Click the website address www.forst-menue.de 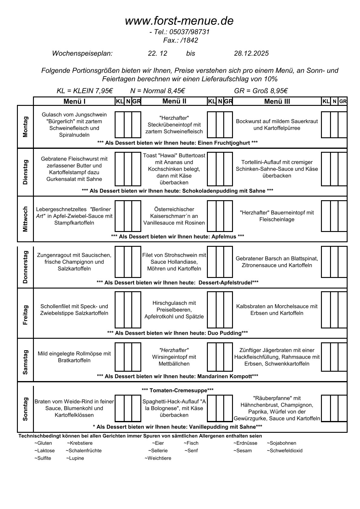[179, 21]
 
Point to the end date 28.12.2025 [251, 54]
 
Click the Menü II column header [174, 101]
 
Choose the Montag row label [25, 127]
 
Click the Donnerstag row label [25, 267]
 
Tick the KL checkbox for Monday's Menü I [119, 125]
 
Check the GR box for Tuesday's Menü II [228, 169]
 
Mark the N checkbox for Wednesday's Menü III [334, 216]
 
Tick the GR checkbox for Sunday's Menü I [136, 408]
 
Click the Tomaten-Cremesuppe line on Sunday [177, 390]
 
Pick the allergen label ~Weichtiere [158, 458]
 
